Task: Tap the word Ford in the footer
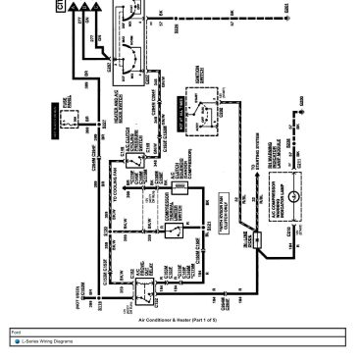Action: tap(16, 331)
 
